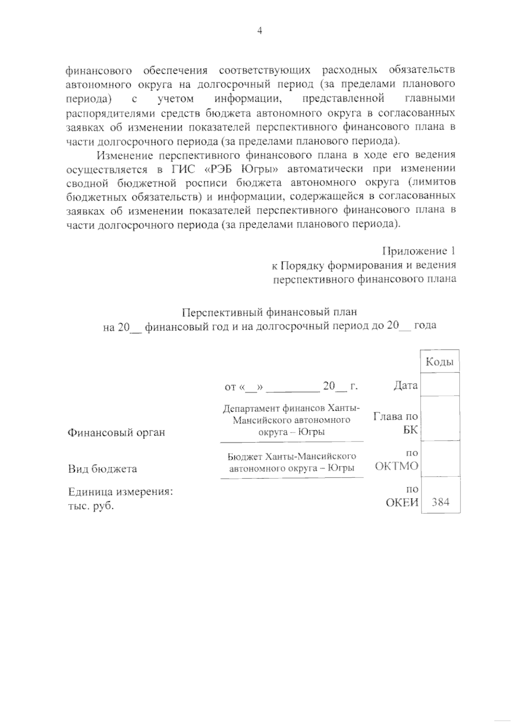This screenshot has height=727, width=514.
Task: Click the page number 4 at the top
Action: click(x=259, y=30)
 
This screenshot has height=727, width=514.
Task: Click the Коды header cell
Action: click(x=440, y=362)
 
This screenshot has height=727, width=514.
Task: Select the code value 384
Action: click(x=440, y=502)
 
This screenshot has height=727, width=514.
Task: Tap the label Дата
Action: click(x=405, y=385)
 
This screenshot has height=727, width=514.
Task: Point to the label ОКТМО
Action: click(x=397, y=466)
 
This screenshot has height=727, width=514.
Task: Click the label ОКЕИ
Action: click(x=402, y=502)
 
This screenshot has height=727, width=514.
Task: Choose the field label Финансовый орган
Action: click(x=117, y=433)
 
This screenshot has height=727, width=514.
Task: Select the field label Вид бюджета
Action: click(x=103, y=469)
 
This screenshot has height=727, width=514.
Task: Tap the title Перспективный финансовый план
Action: click(x=269, y=312)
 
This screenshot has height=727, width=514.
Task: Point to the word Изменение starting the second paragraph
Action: click(x=125, y=154)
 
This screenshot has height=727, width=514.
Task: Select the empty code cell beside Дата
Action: click(x=440, y=385)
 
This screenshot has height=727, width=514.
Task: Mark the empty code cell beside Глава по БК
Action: click(x=440, y=418)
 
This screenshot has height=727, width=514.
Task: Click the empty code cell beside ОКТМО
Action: click(x=440, y=459)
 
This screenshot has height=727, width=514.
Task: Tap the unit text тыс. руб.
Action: click(x=91, y=506)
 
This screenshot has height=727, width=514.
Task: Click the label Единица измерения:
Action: click(x=120, y=492)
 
